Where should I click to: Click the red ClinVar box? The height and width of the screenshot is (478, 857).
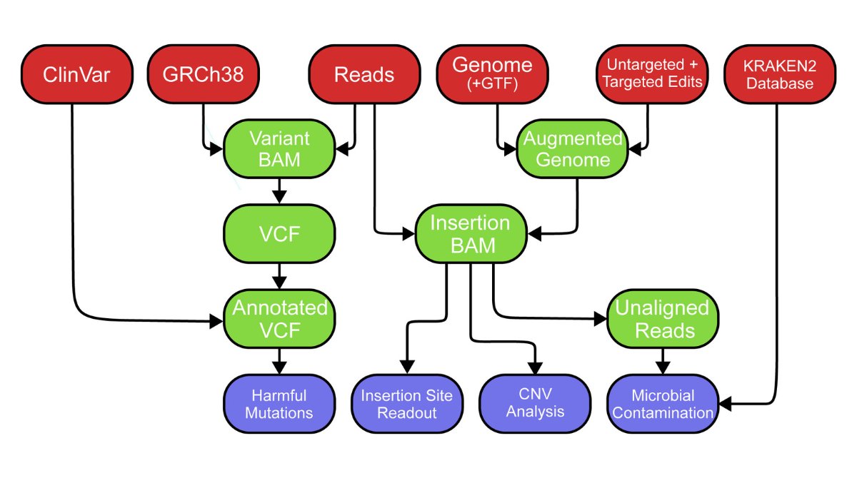point(76,75)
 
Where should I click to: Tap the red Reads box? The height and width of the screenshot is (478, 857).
point(364,75)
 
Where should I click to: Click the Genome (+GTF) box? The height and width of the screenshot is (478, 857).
point(493,73)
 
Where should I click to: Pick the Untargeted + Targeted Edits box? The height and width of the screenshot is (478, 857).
point(651,73)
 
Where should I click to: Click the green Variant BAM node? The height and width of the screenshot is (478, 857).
point(280,148)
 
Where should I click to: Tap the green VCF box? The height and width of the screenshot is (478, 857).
point(280,234)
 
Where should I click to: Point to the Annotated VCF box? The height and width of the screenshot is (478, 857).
point(280,319)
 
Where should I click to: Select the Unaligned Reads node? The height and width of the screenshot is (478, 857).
point(662,319)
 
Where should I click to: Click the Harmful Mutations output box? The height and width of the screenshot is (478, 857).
point(280,403)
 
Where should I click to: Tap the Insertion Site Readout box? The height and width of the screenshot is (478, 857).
point(408,403)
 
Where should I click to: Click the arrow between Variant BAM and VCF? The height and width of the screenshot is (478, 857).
point(280,191)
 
